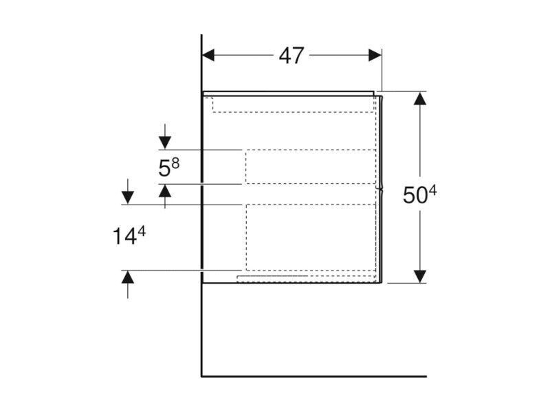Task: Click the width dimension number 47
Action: pos(291,56)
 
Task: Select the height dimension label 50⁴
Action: pos(419,194)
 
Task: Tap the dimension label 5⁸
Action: pos(168,167)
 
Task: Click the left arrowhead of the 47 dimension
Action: pos(208,56)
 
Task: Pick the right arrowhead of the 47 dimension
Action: pos(375,56)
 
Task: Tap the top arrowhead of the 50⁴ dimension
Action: pos(420,98)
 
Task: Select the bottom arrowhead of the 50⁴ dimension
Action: pos(420,277)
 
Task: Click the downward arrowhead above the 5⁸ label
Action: pos(165,143)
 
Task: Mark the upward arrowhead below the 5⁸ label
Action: pos(165,191)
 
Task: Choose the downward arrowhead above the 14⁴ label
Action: pos(128,198)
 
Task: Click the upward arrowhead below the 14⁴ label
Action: pos(128,277)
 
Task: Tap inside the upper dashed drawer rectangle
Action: pos(311,167)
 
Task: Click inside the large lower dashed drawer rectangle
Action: pos(311,237)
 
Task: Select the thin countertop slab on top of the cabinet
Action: pos(288,93)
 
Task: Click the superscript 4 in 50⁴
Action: pos(432,191)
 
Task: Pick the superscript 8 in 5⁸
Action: pos(175,163)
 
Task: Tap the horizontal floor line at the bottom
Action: pos(314,376)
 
